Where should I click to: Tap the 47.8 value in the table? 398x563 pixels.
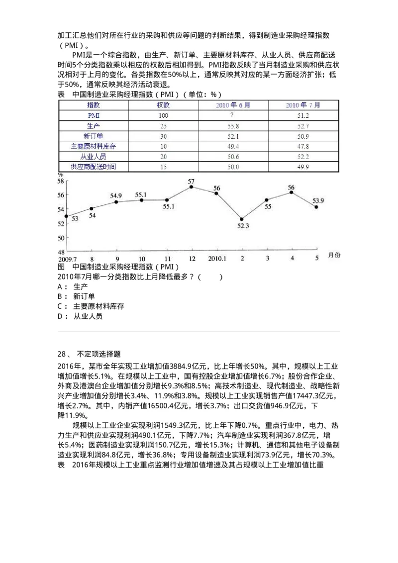coord(303,146)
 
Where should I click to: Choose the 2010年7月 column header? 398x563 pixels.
coord(303,105)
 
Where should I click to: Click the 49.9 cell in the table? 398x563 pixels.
coord(303,167)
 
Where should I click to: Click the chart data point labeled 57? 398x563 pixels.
coord(192,187)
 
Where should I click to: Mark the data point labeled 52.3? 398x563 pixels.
coord(242,219)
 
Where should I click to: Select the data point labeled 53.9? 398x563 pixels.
coord(316,207)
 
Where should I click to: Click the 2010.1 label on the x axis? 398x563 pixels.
coord(217,259)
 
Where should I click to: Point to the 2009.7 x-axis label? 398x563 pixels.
coord(67,259)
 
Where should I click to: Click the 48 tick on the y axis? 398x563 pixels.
coord(61,252)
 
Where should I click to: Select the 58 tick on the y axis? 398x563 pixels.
coord(61,181)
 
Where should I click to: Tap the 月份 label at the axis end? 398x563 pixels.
coord(334,255)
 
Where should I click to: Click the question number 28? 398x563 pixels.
coord(62,354)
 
